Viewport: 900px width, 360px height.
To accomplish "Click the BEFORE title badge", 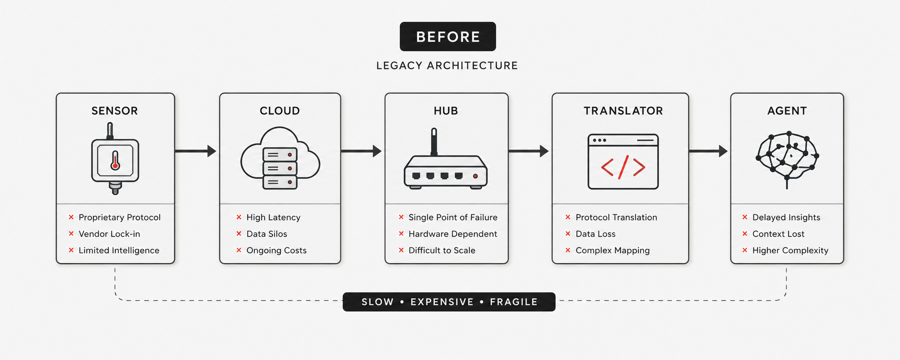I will tap(448, 36).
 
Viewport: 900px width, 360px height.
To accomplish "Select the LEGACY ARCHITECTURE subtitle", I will tap(447, 66).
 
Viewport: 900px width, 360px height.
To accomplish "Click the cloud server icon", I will tap(280, 159).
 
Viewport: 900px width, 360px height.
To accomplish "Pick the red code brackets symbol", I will tap(623, 167).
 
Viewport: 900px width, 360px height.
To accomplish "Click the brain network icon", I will tap(787, 157).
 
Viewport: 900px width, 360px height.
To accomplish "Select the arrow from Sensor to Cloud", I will tap(196, 151).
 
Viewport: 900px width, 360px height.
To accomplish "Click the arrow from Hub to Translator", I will tap(528, 151).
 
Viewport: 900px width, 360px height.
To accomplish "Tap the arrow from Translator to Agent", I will tap(708, 151).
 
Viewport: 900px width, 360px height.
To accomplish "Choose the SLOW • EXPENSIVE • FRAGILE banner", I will tap(449, 302).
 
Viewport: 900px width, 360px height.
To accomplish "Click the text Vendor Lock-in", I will tap(109, 234).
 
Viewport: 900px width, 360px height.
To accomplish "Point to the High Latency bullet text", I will tap(273, 217).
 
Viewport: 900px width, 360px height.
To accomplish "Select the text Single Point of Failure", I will tap(452, 217).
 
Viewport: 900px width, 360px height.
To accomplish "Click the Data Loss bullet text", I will tap(595, 234).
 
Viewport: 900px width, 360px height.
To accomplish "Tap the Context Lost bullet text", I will tap(778, 234).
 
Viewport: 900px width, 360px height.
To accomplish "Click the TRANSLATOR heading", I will tap(623, 111).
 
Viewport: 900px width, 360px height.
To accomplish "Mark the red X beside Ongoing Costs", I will tap(239, 250).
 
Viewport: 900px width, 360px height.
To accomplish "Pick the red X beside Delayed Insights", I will tap(745, 217).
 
